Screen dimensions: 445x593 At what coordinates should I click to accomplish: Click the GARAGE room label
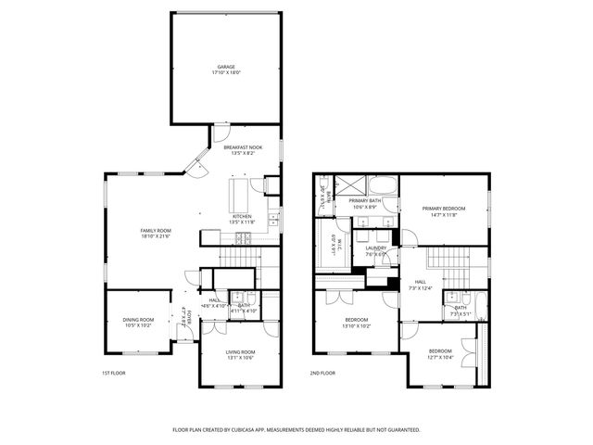[x=226, y=67]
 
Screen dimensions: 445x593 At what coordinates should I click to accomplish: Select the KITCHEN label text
[x=242, y=216]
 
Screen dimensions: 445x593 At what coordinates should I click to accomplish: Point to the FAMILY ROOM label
[x=156, y=231]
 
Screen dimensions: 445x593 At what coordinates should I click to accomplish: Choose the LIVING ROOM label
[x=240, y=351]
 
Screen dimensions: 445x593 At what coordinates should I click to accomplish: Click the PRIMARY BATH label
[x=364, y=200]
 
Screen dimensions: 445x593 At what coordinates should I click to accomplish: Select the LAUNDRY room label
[x=375, y=248]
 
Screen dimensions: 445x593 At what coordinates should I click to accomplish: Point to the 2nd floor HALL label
[x=420, y=282]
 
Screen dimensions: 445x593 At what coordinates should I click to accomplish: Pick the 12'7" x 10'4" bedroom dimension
[x=440, y=357]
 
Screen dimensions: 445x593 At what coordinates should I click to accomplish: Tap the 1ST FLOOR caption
[x=113, y=373]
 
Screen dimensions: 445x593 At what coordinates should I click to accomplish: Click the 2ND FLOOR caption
[x=322, y=373]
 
